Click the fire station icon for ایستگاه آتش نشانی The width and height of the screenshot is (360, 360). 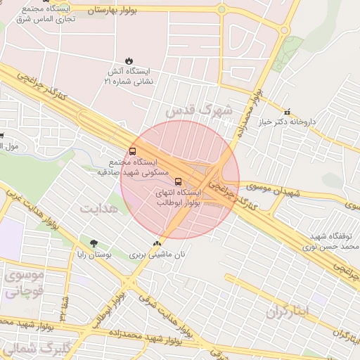click(129, 61)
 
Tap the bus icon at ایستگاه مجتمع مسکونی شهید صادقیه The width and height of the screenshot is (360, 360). click(134, 153)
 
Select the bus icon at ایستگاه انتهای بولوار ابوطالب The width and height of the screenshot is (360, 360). click(178, 182)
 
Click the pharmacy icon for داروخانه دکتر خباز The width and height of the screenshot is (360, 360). click(287, 112)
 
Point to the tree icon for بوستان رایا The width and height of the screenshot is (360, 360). click(94, 243)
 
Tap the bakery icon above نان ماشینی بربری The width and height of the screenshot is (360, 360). click(157, 243)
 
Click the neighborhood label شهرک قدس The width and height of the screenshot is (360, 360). click(199, 110)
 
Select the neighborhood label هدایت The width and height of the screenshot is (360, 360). click(97, 209)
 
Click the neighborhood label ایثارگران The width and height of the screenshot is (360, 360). click(289, 311)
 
